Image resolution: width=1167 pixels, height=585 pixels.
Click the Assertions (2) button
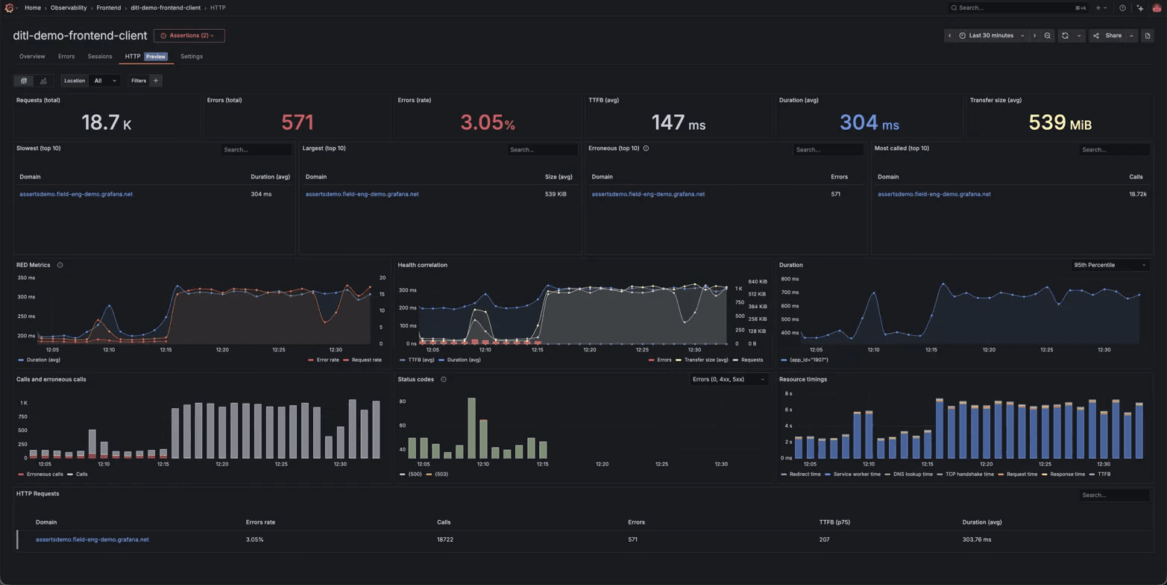pyautogui.click(x=189, y=36)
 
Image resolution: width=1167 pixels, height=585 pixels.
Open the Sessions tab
pyautogui.click(x=100, y=57)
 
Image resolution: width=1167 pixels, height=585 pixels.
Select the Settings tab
pyautogui.click(x=192, y=57)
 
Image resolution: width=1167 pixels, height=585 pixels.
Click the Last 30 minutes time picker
pyautogui.click(x=991, y=36)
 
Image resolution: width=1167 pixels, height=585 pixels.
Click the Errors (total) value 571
pyautogui.click(x=298, y=122)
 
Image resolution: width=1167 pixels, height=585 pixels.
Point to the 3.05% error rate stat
pyautogui.click(x=488, y=122)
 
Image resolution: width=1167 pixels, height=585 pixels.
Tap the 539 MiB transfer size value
pyautogui.click(x=1060, y=122)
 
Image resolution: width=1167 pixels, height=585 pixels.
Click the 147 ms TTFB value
pyautogui.click(x=678, y=122)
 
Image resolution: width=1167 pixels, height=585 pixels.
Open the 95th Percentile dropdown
pyautogui.click(x=1110, y=265)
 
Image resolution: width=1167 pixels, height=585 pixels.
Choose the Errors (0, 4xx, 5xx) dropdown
pyautogui.click(x=729, y=379)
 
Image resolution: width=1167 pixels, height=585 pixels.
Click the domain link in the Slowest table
pyautogui.click(x=76, y=194)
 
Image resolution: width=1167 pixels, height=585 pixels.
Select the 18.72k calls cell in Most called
pyautogui.click(x=1137, y=194)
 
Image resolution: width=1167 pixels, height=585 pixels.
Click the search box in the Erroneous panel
pyautogui.click(x=828, y=150)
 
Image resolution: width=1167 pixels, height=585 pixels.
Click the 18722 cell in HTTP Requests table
pyautogui.click(x=444, y=539)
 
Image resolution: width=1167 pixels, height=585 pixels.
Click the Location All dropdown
pyautogui.click(x=104, y=81)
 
